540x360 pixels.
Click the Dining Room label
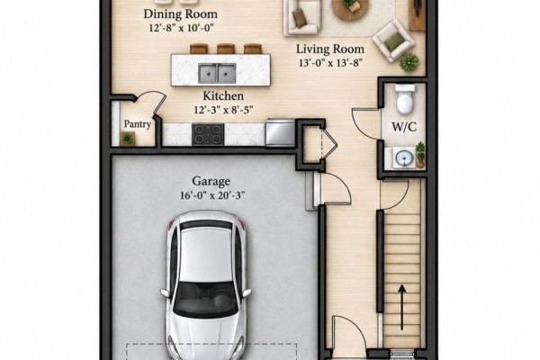point(181,14)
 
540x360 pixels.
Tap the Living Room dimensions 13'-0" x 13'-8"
point(330,63)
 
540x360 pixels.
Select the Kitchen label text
point(223,95)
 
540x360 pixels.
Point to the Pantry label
point(138,124)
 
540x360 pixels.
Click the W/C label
point(404,127)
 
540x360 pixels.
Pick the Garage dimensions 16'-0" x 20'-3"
point(212,195)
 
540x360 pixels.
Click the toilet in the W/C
point(405,99)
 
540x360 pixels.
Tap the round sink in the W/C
point(405,158)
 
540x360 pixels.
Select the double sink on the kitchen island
point(217,73)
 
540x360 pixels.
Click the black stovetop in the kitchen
point(208,134)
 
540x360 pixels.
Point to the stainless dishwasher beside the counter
point(280,132)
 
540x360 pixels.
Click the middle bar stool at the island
point(226,49)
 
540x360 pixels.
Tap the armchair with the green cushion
point(393,40)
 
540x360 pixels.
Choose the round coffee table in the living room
point(350,7)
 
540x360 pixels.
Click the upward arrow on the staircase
point(402,307)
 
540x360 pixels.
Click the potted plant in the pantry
point(128,139)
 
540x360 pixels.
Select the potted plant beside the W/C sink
point(420,155)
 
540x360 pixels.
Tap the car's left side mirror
point(166,292)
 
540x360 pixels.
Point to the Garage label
point(211,181)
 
